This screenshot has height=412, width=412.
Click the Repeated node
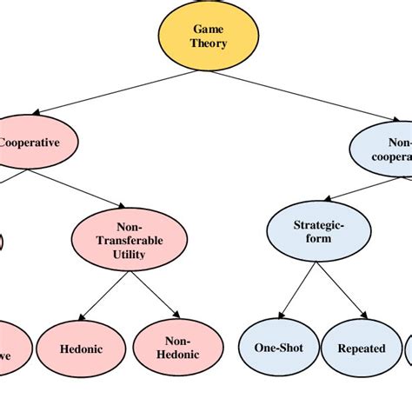click(361, 348)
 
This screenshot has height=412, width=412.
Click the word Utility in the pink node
click(129, 256)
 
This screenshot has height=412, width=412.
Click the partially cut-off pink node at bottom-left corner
click(10, 348)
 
